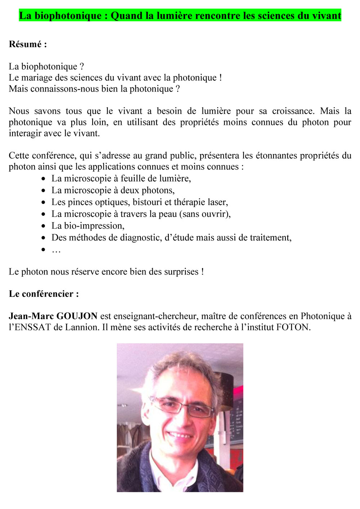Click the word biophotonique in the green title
point(68,16)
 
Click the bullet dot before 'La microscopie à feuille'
point(44,179)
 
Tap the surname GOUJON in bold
point(77,316)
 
